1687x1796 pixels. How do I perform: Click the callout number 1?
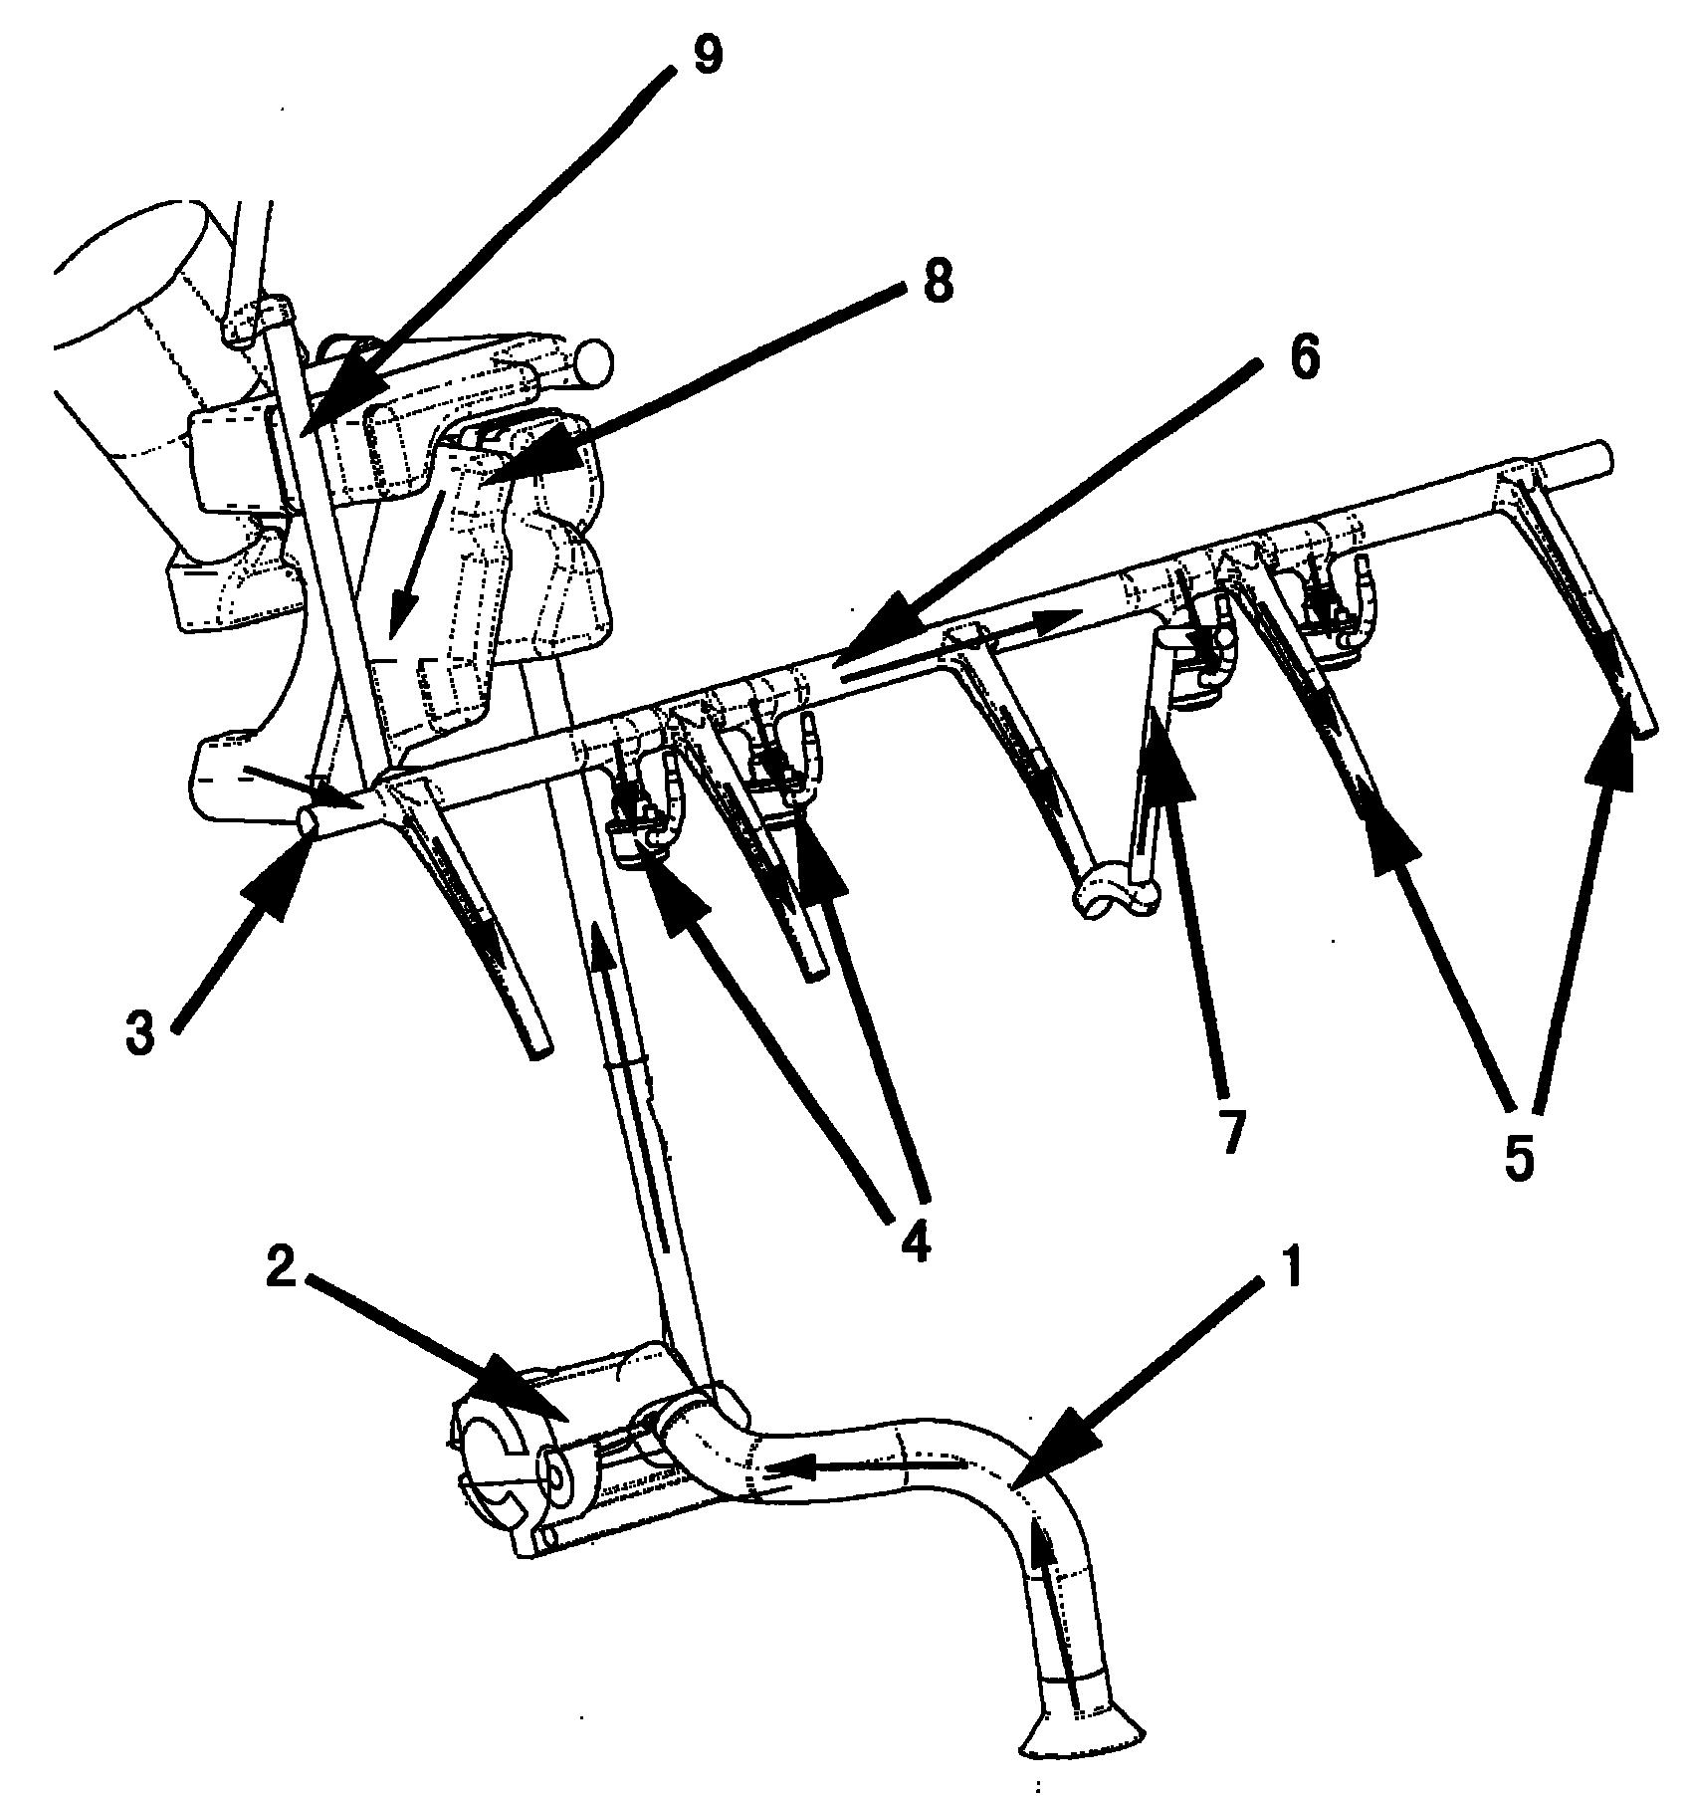point(1289,1272)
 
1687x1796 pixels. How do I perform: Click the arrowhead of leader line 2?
point(527,1400)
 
